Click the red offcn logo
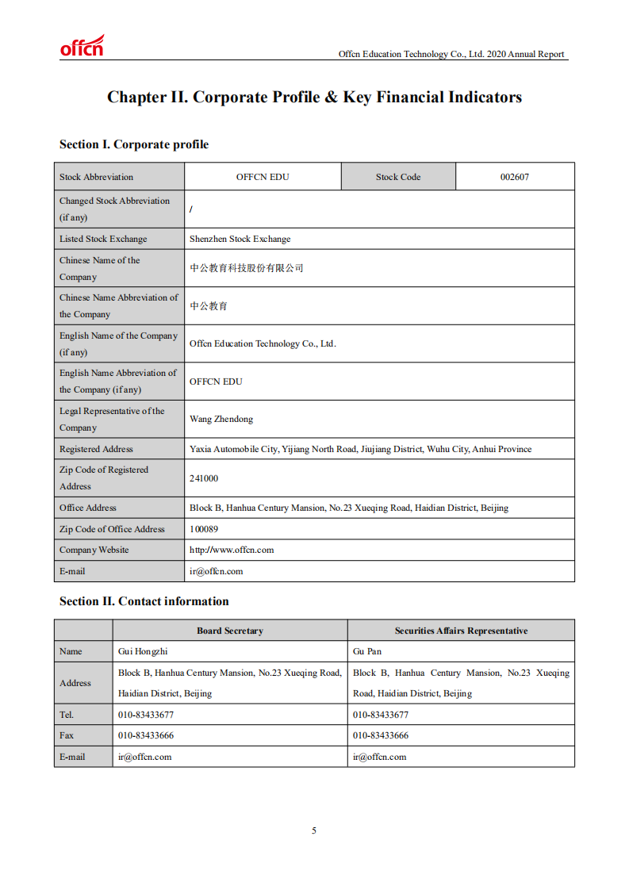click(82, 47)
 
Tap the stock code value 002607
click(514, 177)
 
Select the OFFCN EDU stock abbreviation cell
click(263, 177)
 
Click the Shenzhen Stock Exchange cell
click(240, 239)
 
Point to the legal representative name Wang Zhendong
click(221, 419)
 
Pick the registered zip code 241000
click(204, 478)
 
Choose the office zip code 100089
click(204, 529)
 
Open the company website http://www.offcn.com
click(232, 550)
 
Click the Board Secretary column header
click(230, 631)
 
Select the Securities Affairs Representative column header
click(461, 631)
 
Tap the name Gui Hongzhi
click(143, 651)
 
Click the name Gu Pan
click(367, 651)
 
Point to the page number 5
click(314, 831)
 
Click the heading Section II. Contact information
click(144, 601)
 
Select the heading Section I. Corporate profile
click(134, 144)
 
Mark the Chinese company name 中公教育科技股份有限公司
click(247, 268)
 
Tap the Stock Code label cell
click(398, 177)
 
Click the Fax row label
click(67, 735)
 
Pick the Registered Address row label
click(96, 449)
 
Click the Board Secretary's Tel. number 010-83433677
click(146, 715)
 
